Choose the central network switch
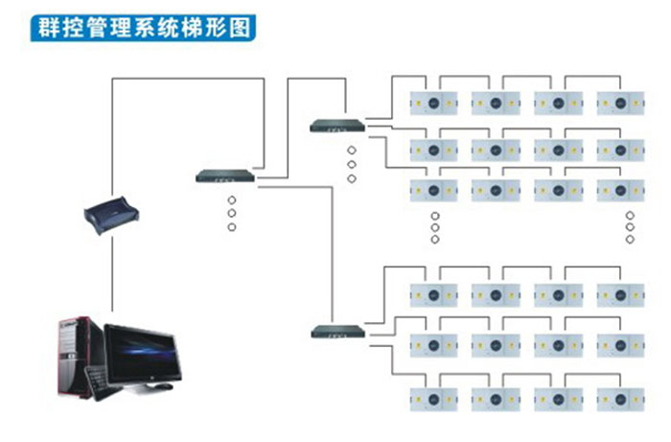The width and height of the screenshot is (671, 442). click(227, 175)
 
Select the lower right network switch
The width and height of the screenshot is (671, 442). click(339, 332)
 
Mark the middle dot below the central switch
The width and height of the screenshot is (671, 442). click(231, 213)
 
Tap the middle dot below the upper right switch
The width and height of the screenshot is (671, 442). click(352, 164)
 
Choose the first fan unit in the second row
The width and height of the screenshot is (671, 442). click(433, 150)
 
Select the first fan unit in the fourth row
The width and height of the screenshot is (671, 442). click(433, 292)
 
